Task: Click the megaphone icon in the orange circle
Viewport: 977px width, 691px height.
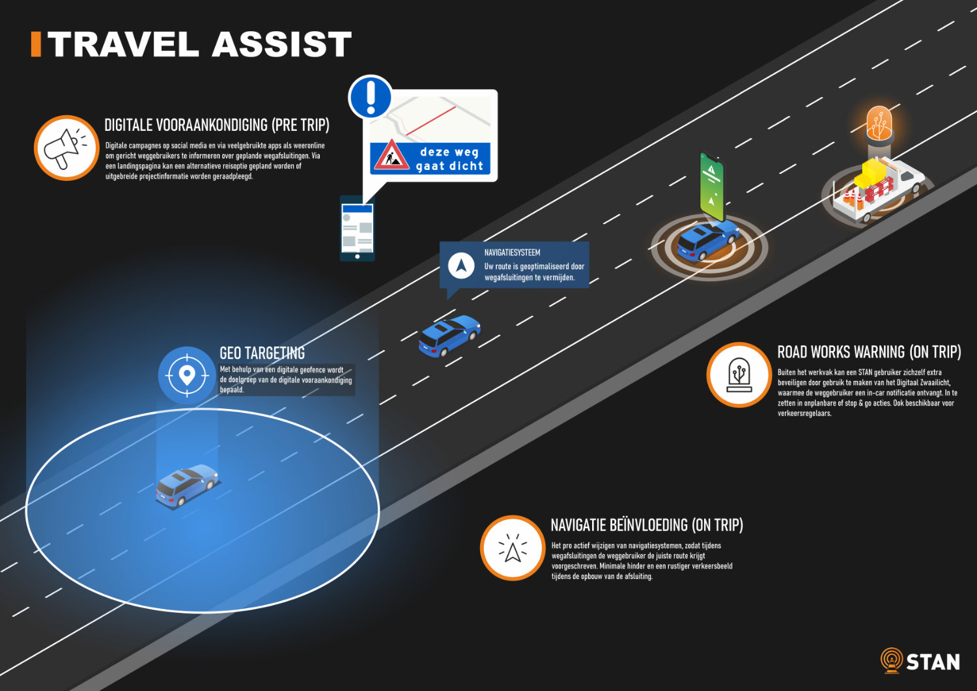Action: click(x=65, y=148)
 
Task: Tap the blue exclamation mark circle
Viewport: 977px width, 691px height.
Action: click(x=371, y=97)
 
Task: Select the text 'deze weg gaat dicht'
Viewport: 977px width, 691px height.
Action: click(x=449, y=159)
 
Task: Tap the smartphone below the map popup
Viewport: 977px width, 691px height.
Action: click(x=357, y=228)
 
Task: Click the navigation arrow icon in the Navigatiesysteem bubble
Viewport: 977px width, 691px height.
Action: click(x=461, y=266)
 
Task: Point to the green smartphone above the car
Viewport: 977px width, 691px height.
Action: click(x=712, y=185)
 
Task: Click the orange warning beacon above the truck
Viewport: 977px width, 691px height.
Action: click(x=879, y=124)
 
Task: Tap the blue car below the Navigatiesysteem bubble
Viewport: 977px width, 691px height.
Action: click(x=449, y=335)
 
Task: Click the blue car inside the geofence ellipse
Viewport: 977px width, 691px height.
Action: click(x=186, y=485)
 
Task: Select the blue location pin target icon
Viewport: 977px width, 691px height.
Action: click(x=187, y=375)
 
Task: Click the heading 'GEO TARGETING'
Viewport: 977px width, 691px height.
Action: click(x=262, y=353)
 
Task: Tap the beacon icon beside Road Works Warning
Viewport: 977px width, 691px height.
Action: click(x=739, y=374)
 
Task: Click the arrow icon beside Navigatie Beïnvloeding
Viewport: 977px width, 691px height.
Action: click(x=513, y=548)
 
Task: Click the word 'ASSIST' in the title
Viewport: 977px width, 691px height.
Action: click(x=281, y=44)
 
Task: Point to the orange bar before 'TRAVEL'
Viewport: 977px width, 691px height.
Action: click(x=36, y=44)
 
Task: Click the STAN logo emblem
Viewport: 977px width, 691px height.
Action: click(x=891, y=660)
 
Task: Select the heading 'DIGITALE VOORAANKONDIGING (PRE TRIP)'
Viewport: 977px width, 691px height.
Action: click(x=217, y=125)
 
